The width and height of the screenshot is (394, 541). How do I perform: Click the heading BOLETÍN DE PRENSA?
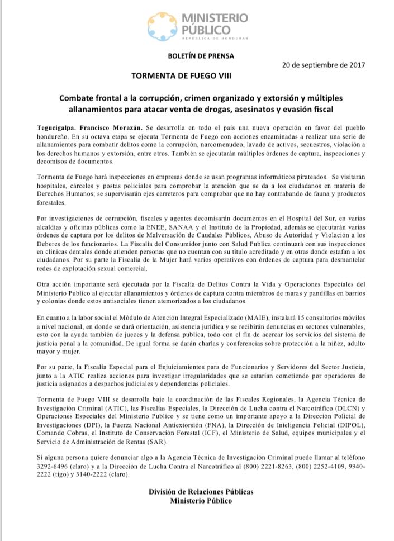201,56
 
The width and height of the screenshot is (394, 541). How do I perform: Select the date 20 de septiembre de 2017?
324,64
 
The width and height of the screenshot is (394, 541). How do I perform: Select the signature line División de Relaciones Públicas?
201,492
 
